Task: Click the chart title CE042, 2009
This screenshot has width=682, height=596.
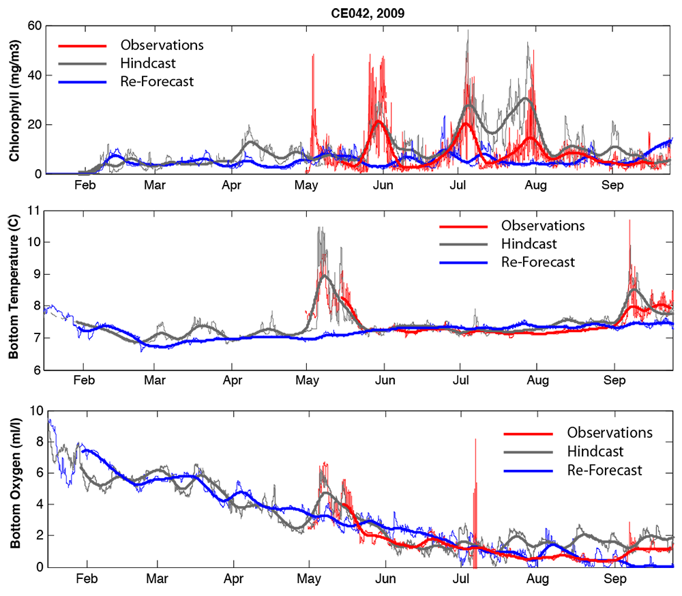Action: (x=356, y=13)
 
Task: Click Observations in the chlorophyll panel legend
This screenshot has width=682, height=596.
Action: (x=162, y=45)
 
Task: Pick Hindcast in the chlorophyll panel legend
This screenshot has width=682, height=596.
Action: (x=148, y=63)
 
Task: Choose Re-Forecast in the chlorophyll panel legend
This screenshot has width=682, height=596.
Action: (x=157, y=81)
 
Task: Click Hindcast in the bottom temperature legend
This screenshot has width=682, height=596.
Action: (x=529, y=243)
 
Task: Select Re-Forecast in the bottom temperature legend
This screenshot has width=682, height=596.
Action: (x=537, y=261)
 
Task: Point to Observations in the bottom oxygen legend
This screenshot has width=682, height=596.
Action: (x=610, y=432)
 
